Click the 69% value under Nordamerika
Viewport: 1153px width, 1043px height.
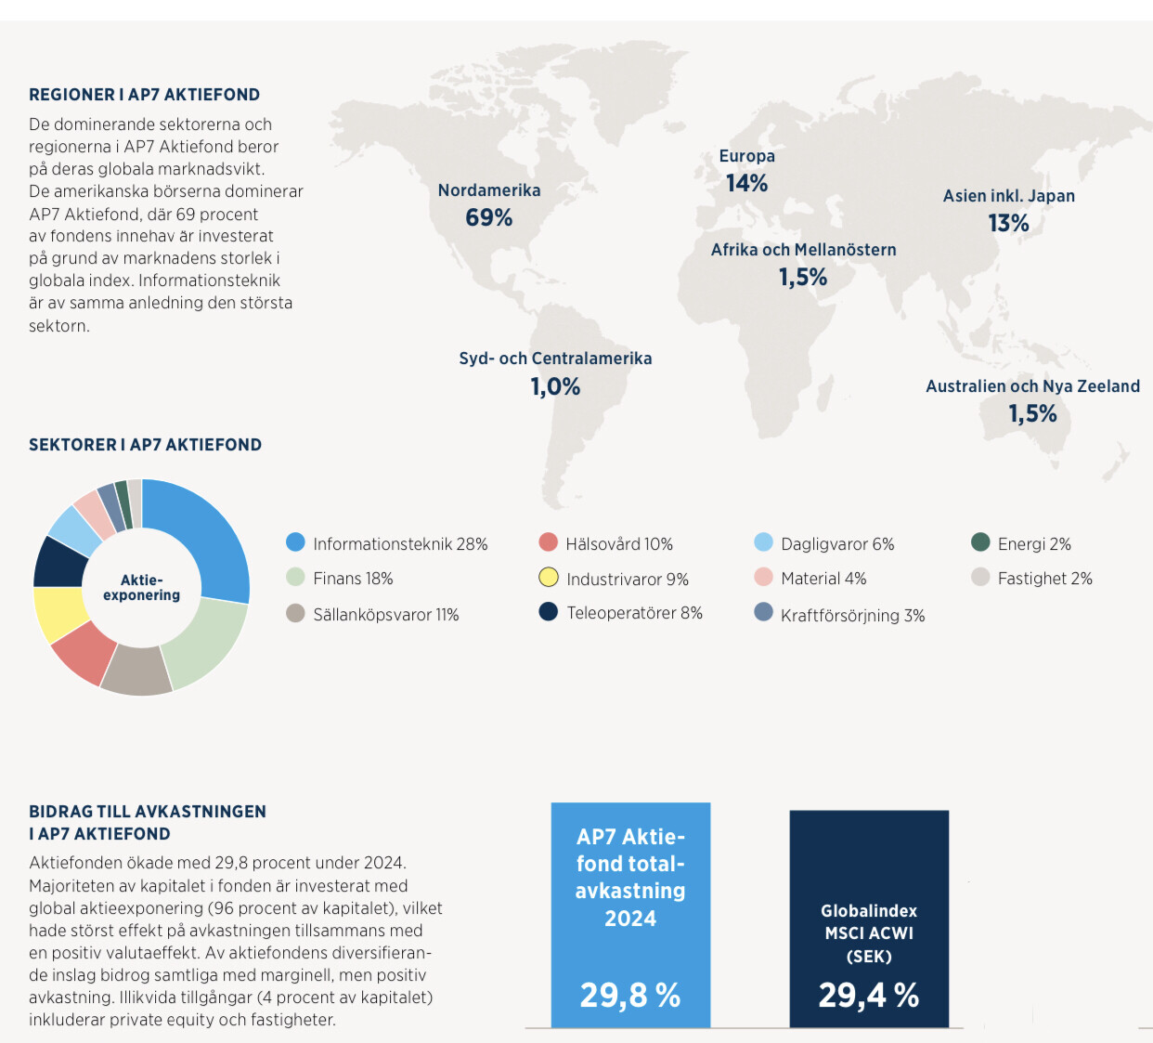pyautogui.click(x=489, y=217)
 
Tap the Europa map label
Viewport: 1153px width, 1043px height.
pyautogui.click(x=746, y=156)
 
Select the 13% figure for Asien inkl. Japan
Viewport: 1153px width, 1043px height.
pyautogui.click(x=1008, y=223)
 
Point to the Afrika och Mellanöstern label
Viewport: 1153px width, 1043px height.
pyautogui.click(x=803, y=250)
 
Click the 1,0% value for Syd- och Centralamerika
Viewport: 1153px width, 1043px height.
pyautogui.click(x=555, y=386)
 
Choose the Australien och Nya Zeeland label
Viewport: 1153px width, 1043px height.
pyautogui.click(x=1032, y=386)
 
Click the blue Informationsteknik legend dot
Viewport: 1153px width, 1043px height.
pyautogui.click(x=295, y=542)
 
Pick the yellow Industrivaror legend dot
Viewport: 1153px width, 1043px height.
pyautogui.click(x=549, y=578)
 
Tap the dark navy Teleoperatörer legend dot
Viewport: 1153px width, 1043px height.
pyautogui.click(x=549, y=612)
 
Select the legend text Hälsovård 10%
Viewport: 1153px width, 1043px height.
pyautogui.click(x=619, y=544)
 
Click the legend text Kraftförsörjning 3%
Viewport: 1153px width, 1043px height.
pyautogui.click(x=852, y=616)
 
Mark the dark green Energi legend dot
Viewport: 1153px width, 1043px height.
pyautogui.click(x=980, y=542)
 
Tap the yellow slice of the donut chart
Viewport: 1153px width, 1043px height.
pyautogui.click(x=58, y=615)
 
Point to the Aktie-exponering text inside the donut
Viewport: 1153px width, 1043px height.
pyautogui.click(x=142, y=588)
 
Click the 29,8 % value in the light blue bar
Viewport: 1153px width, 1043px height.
pyautogui.click(x=630, y=996)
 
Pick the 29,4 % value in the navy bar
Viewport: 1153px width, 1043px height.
pyautogui.click(x=869, y=996)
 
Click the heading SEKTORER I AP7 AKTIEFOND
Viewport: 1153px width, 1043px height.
pyautogui.click(x=145, y=445)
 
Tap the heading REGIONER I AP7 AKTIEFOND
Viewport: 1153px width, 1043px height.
pyautogui.click(x=144, y=95)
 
